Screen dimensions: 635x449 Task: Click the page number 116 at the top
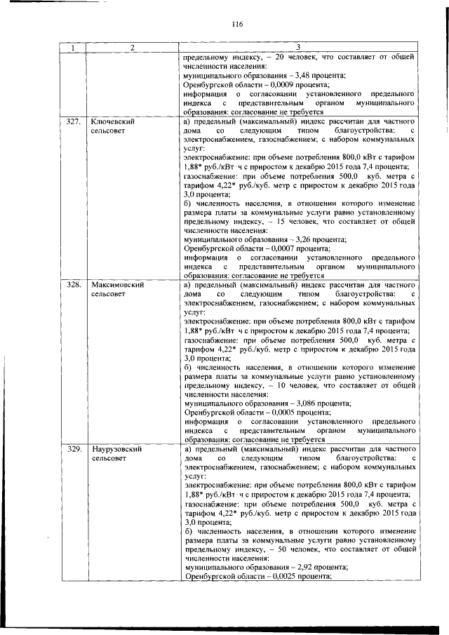pyautogui.click(x=236, y=25)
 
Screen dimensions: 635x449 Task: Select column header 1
pyautogui.click(x=72, y=48)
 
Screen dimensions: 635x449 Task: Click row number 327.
pyautogui.click(x=73, y=121)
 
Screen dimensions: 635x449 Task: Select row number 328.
pyautogui.click(x=73, y=286)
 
